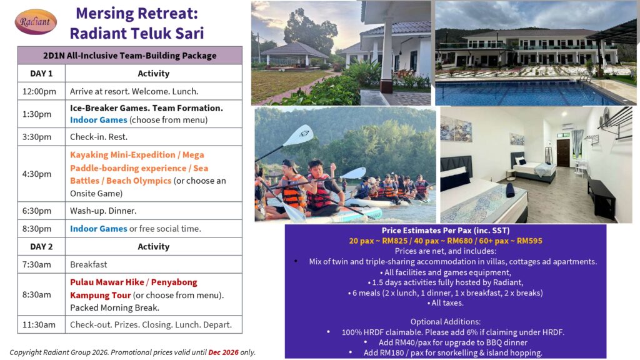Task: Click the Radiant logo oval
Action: click(36, 22)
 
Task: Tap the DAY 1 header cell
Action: click(41, 74)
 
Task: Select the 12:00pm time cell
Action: click(41, 91)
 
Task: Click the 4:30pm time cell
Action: click(41, 174)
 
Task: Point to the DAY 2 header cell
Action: click(41, 246)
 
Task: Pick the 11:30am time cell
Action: click(41, 325)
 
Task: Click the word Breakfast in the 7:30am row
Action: click(89, 264)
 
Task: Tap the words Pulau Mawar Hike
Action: click(107, 282)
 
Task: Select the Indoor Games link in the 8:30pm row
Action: click(98, 229)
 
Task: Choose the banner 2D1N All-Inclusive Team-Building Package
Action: click(130, 56)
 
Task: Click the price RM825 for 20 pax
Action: click(395, 241)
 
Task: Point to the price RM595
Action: click(529, 241)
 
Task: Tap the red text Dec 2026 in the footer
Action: click(223, 352)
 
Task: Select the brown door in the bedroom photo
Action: click(563, 152)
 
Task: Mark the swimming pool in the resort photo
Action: click(526, 93)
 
